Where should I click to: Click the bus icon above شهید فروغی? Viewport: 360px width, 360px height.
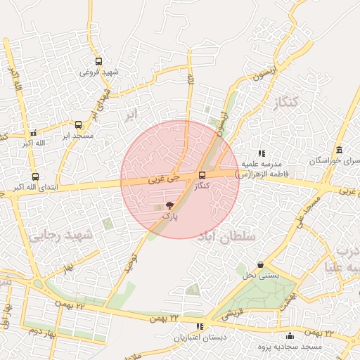(98, 61)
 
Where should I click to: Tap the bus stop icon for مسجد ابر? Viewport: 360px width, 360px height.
(77, 124)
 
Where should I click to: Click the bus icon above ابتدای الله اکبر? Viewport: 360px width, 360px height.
(35, 177)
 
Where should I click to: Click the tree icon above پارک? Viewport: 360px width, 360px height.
(169, 205)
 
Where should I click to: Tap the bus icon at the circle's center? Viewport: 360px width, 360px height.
(202, 175)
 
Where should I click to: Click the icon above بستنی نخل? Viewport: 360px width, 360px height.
(262, 264)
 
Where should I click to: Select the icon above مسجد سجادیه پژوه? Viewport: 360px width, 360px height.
(290, 335)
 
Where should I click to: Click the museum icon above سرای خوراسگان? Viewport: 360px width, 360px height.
(340, 150)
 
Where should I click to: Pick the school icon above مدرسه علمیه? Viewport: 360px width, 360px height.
(262, 153)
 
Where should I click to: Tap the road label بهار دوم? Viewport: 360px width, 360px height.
(42, 330)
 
